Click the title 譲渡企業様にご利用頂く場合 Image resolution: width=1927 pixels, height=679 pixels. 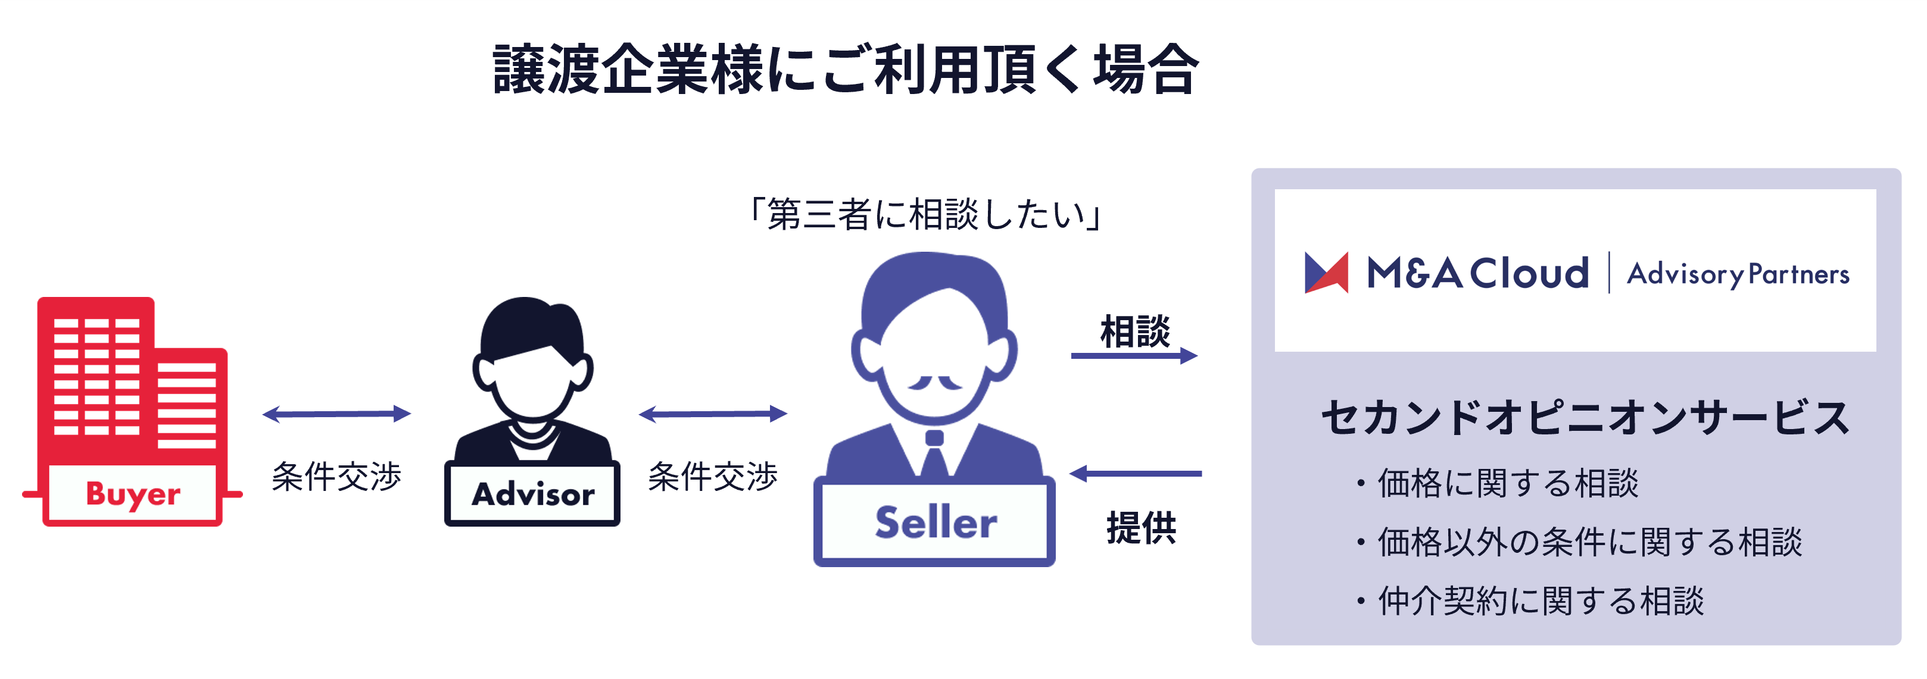coord(846,70)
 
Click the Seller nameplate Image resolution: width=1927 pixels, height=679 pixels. coord(934,522)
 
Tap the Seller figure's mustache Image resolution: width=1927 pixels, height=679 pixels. coord(934,383)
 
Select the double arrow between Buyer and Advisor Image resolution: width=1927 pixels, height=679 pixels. coord(336,414)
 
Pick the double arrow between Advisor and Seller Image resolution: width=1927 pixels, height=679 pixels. coord(713,414)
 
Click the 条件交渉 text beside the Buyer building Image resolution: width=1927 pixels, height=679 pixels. coord(336,476)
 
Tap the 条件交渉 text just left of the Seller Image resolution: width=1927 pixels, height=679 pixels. coord(713,476)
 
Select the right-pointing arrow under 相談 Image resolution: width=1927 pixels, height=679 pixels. coord(1133,356)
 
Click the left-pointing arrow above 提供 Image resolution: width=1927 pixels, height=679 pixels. coord(1136,473)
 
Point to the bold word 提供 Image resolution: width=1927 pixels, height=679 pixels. coord(1141,528)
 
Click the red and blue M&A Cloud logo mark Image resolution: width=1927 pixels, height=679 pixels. coord(1326,273)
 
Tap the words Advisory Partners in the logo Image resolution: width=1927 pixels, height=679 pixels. coord(1738,274)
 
